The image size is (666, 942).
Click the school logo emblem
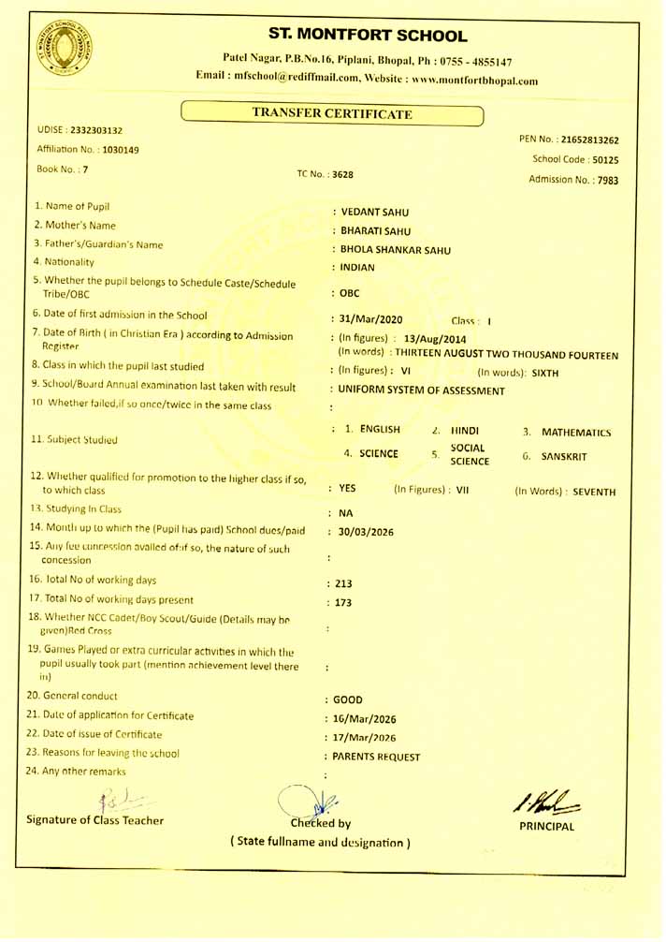click(65, 48)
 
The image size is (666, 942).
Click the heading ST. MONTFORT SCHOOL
click(367, 36)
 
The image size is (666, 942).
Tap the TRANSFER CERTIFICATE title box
click(332, 114)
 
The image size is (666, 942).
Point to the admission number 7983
click(604, 181)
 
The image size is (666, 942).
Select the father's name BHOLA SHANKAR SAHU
click(396, 250)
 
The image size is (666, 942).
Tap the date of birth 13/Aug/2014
click(435, 338)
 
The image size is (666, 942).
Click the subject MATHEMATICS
click(576, 433)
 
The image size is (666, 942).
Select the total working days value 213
click(343, 583)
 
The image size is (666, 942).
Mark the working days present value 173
click(343, 603)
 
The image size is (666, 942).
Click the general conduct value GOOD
click(348, 699)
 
